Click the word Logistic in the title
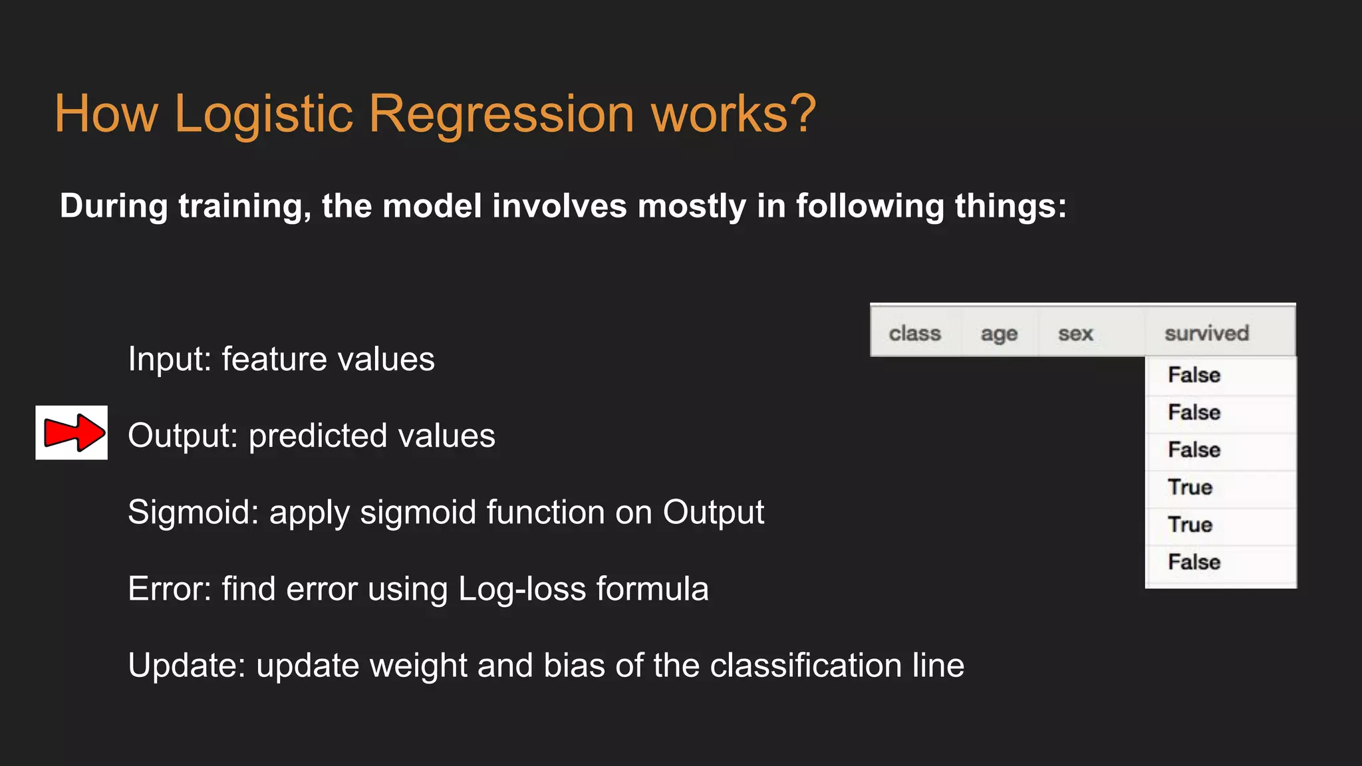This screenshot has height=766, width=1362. click(263, 114)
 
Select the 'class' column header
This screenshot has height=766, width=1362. click(914, 333)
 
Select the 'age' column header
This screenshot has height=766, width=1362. click(999, 333)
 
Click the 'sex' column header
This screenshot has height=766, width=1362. click(1075, 333)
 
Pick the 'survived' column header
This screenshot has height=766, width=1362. click(1206, 333)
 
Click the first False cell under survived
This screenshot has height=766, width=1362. click(1194, 375)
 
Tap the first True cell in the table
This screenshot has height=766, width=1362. click(1190, 487)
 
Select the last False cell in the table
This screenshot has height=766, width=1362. click(1194, 563)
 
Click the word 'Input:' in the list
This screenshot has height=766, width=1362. click(169, 360)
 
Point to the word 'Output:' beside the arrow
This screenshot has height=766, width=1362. click(183, 436)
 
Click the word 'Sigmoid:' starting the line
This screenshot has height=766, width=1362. click(193, 513)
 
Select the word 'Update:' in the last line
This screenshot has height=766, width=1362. click(186, 666)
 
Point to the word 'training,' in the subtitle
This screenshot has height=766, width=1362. click(245, 206)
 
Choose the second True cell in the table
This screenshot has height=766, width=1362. click(1190, 525)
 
